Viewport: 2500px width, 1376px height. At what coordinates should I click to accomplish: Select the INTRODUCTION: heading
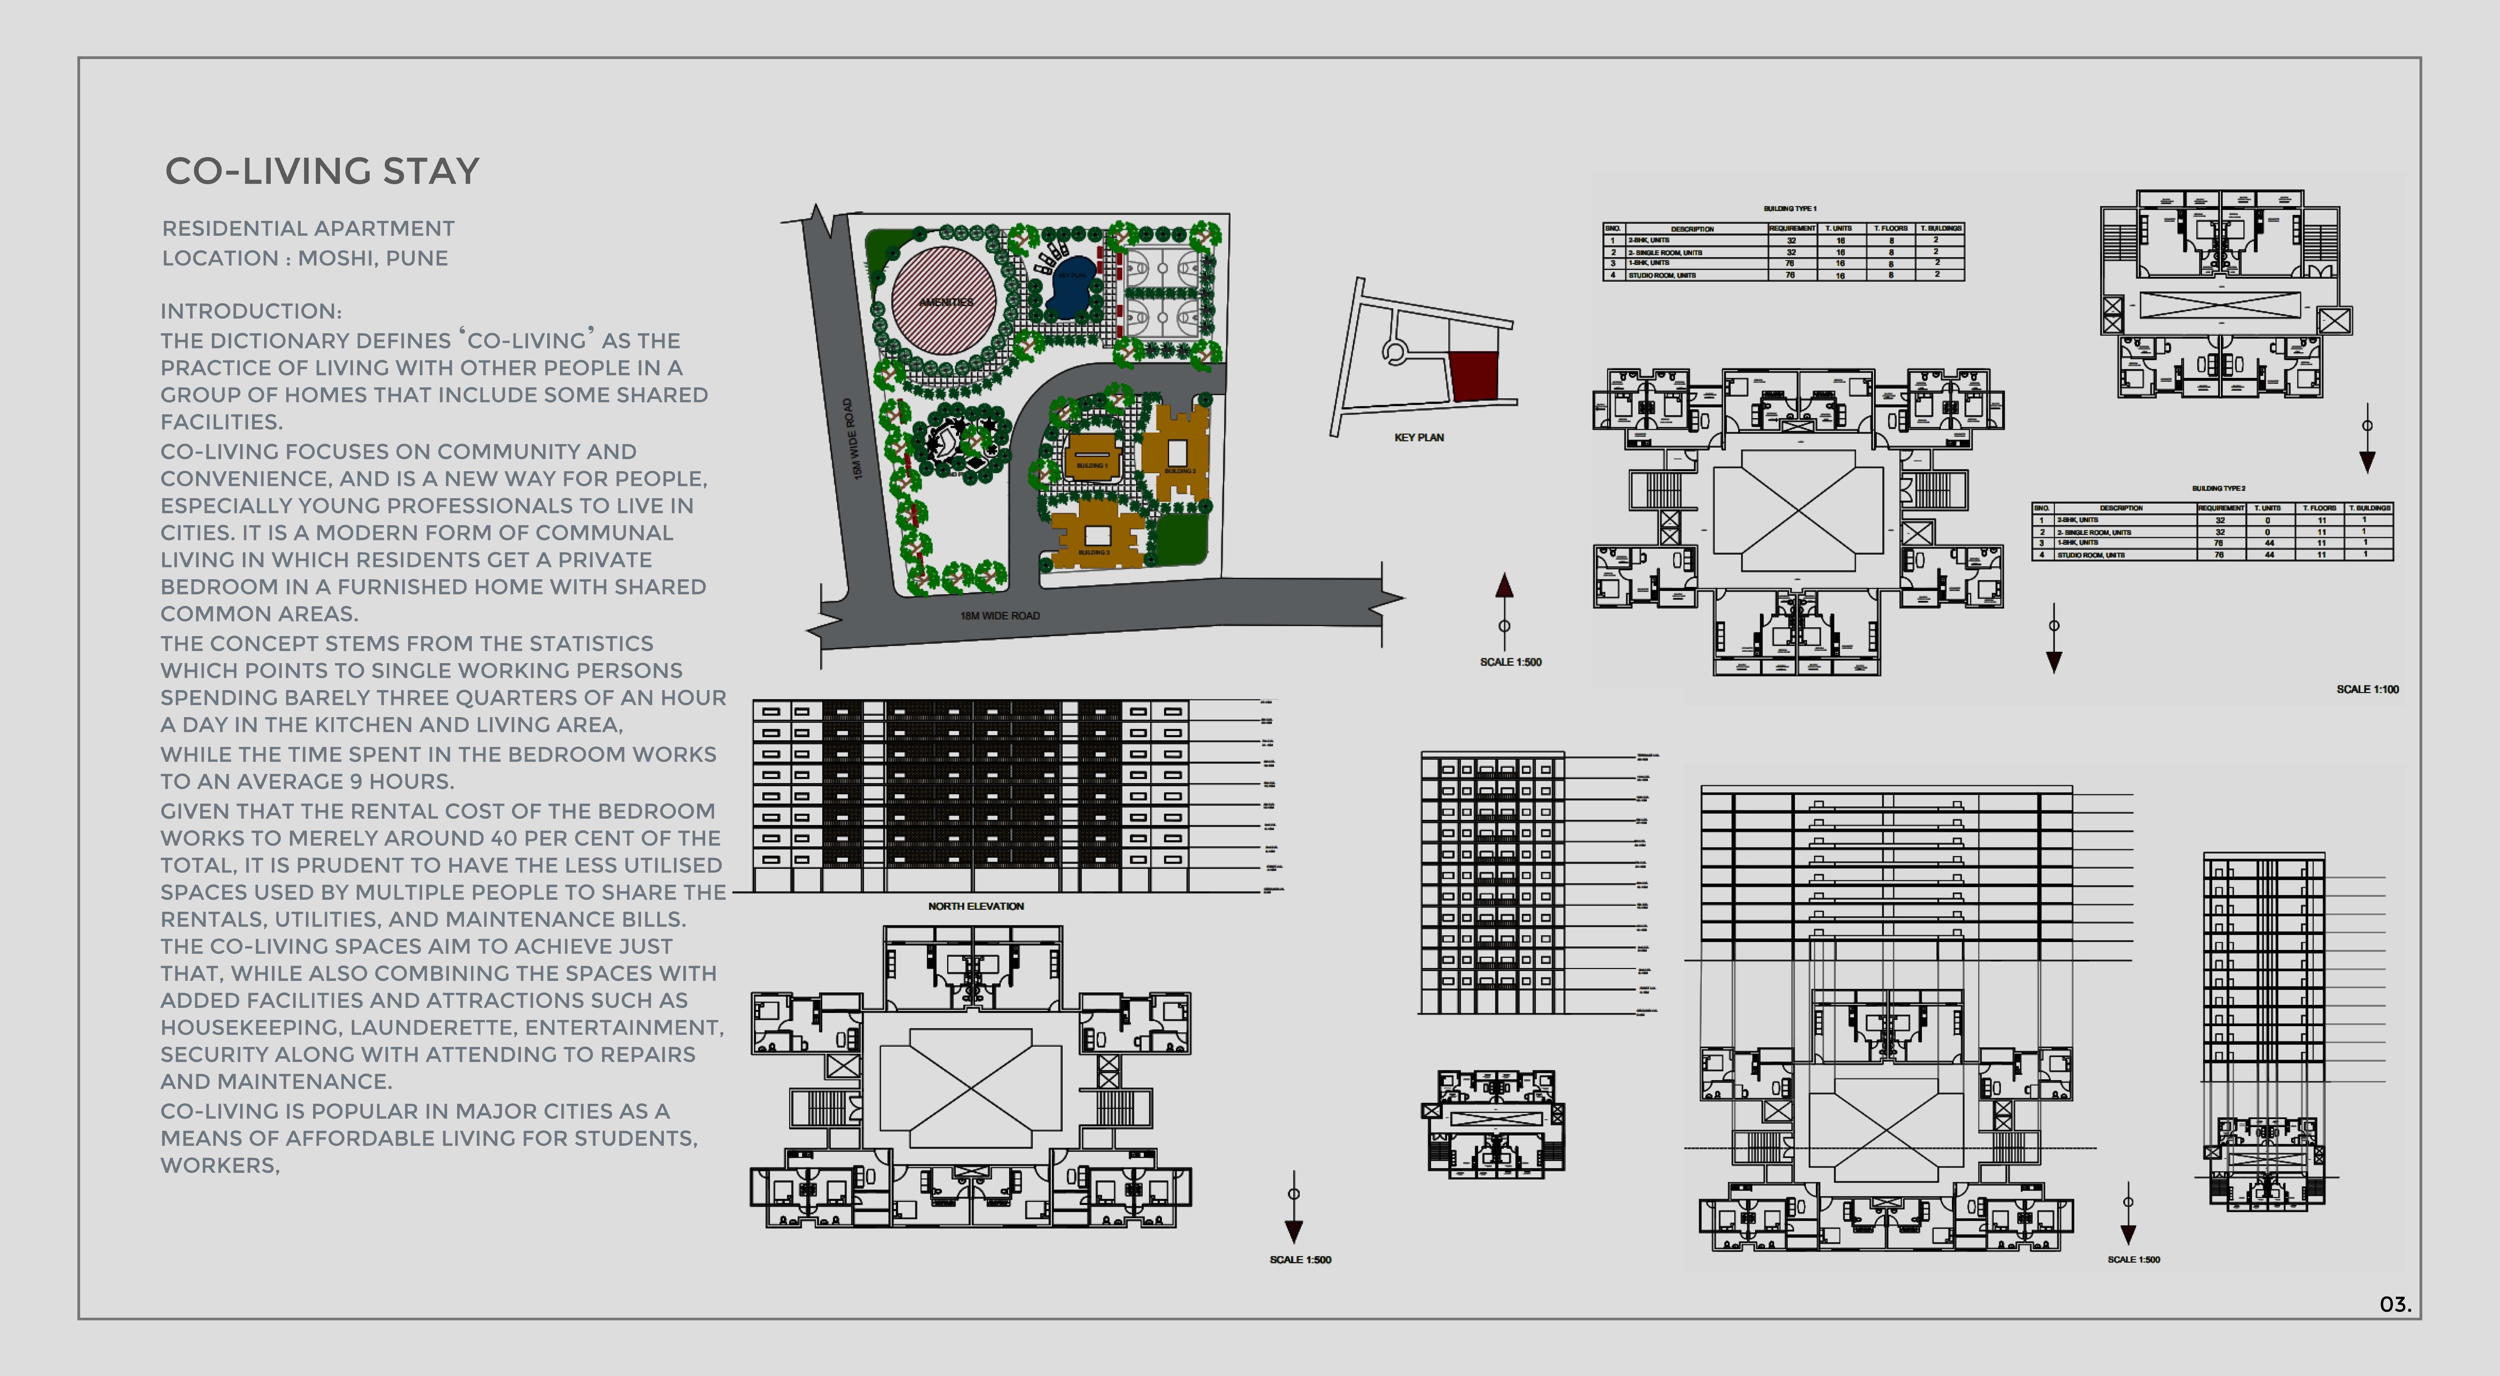pos(250,311)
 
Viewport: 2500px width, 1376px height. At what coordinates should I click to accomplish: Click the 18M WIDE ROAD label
pos(1000,615)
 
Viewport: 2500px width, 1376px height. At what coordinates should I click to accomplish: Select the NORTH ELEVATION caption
pos(975,906)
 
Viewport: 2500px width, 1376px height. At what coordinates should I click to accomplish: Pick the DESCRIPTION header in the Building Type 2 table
pos(2120,508)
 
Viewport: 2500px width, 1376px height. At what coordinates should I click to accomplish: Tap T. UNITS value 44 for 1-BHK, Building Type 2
pos(2269,543)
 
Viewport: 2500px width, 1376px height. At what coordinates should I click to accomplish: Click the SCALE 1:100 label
pos(2367,689)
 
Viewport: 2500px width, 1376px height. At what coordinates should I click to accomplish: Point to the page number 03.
pos(2394,1304)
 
